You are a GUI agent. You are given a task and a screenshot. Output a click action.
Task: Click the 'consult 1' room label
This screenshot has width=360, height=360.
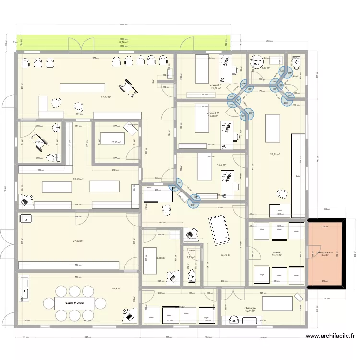(216, 85)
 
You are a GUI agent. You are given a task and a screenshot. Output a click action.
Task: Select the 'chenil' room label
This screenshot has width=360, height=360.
(276, 252)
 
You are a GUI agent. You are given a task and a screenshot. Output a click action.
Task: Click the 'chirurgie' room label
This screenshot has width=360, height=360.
(250, 308)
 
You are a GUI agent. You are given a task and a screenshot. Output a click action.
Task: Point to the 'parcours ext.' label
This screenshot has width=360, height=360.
(325, 252)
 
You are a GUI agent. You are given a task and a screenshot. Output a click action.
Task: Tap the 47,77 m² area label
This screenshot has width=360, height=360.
(106, 97)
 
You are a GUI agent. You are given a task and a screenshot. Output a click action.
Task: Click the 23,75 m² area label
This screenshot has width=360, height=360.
(225, 255)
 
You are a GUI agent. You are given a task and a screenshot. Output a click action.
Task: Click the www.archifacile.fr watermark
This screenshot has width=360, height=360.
(330, 336)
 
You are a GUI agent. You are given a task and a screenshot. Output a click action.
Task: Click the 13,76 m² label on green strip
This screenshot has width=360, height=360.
(123, 42)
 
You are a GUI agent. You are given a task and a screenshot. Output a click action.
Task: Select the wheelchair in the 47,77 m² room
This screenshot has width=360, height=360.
(127, 87)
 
